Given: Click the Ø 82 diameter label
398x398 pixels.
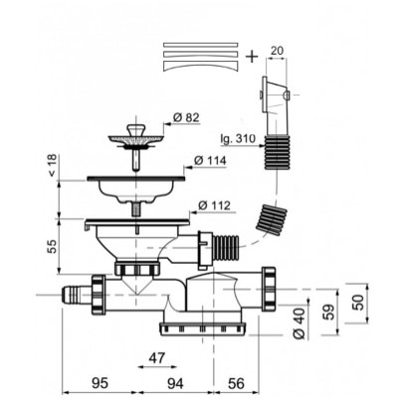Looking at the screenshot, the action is pos(186,117).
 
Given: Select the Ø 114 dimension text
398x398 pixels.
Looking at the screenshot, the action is pos(210,161).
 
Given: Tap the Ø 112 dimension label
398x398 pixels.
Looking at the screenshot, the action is pos(214,206).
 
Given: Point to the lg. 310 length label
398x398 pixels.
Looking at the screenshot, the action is pos(238,138).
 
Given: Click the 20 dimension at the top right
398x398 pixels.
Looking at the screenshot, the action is pos(277,51).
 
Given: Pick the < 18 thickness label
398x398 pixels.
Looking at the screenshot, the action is pos(53,165).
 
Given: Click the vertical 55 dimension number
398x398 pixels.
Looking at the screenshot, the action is pos(53,246).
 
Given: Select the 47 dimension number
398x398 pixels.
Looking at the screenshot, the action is pos(156,358).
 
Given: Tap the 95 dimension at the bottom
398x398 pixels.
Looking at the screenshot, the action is pos(99,383).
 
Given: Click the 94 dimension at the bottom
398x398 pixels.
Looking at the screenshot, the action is pos(175,383).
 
